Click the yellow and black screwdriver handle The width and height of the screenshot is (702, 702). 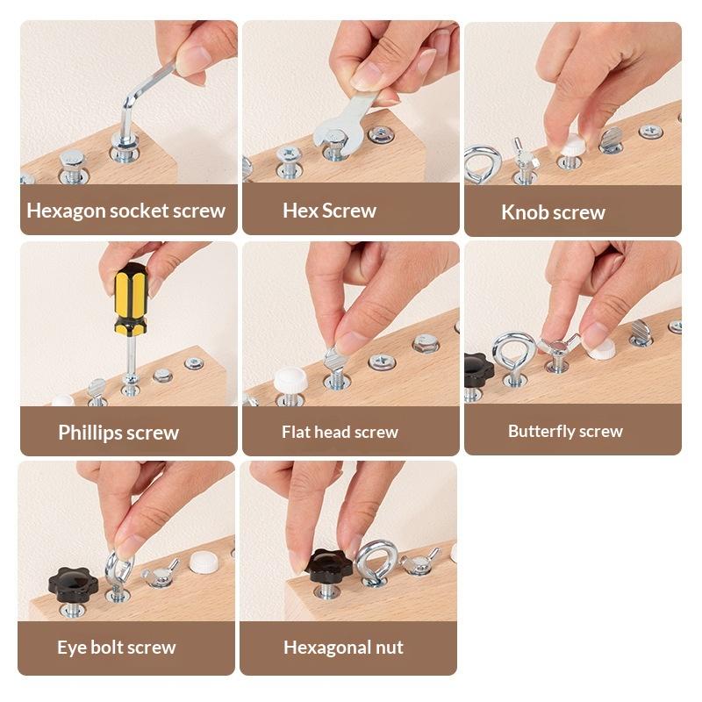pos(130,298)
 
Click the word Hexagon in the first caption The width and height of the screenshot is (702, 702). pos(67,211)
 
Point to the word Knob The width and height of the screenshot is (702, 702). pos(523,212)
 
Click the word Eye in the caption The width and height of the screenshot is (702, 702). pos(71,648)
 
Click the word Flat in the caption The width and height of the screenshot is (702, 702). pos(297,432)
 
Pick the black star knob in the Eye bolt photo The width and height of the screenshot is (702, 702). pos(73,585)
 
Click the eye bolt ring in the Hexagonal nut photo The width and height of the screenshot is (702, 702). pos(376,562)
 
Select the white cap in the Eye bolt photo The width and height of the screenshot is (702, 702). pos(204,562)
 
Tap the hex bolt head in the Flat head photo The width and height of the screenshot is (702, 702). pos(425,344)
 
